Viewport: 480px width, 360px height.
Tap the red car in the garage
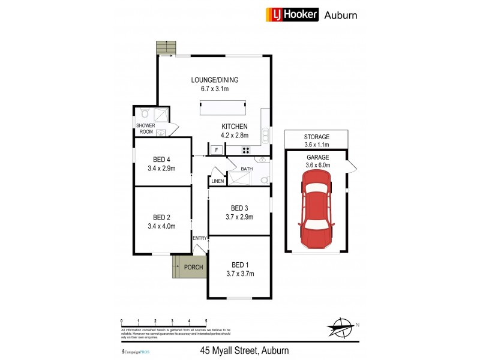click(x=316, y=209)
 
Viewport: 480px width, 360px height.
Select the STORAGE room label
click(x=317, y=137)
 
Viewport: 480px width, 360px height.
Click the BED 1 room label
click(x=239, y=265)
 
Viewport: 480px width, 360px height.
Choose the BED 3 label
click(x=239, y=208)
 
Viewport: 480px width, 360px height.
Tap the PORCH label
click(x=193, y=268)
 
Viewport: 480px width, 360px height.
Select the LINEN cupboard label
click(x=217, y=181)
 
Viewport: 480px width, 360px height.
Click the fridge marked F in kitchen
click(x=215, y=149)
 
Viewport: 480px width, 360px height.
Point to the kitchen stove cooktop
click(x=245, y=150)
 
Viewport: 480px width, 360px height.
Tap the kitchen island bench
click(x=223, y=108)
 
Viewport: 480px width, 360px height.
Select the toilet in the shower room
click(x=144, y=113)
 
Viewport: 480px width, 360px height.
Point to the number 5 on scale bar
click(x=206, y=321)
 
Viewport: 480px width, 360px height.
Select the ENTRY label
click(x=199, y=238)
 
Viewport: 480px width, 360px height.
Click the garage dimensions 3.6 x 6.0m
click(x=317, y=165)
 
